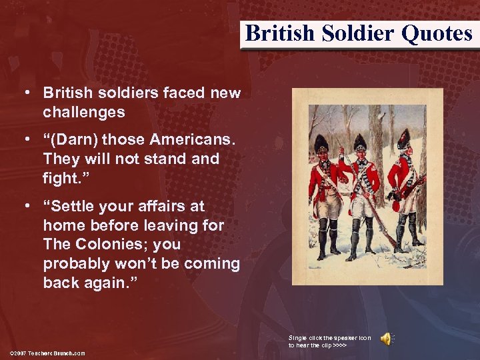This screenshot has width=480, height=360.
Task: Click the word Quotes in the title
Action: click(437, 33)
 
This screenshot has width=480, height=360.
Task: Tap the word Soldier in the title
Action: click(361, 33)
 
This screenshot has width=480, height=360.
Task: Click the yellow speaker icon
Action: click(386, 339)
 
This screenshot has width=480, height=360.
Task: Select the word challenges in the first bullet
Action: click(84, 112)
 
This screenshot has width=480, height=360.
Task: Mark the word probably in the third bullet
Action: click(75, 263)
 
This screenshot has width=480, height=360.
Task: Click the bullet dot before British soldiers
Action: click(27, 93)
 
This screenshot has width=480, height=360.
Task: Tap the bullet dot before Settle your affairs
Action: click(27, 207)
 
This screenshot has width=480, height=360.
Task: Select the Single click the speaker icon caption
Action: click(330, 341)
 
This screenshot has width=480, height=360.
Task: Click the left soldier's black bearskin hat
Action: click(322, 143)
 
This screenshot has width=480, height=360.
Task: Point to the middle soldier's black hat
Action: click(361, 142)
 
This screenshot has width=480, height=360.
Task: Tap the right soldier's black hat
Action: click(403, 138)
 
